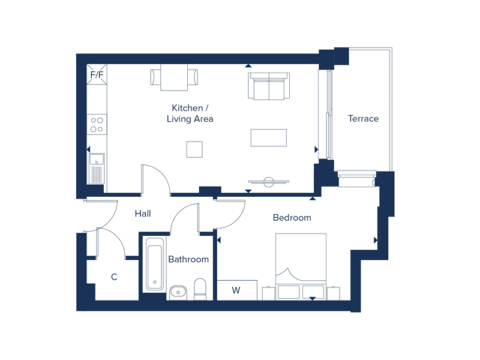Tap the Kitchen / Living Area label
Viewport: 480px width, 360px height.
point(190,113)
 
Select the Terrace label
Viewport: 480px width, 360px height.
point(364,119)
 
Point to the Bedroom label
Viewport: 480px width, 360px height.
point(292,217)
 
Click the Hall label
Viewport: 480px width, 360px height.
point(143,213)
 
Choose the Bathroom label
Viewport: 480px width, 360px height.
point(188,259)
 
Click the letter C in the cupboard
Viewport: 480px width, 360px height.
point(113,277)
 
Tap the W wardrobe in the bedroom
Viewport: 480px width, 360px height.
point(236,290)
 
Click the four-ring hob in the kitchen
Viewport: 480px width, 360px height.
point(96,124)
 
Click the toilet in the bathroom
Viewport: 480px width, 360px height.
point(200,288)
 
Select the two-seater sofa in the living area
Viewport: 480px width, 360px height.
point(269,86)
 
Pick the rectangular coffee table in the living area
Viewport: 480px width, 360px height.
point(269,137)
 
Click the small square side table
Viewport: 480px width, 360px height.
point(194,149)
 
